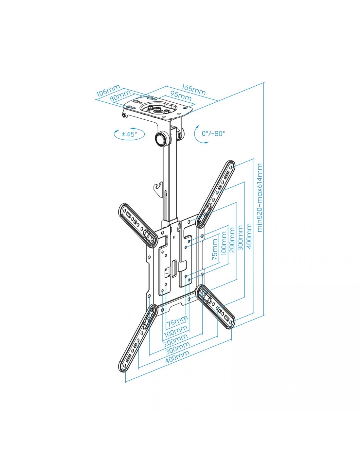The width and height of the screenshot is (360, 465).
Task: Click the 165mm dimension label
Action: click(194, 90)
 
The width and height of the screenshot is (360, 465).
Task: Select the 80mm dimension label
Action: click(120, 95)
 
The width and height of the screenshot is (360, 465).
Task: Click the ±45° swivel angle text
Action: click(129, 134)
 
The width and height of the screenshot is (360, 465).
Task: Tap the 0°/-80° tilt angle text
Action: click(213, 133)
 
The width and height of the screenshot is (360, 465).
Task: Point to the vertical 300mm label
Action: click(240, 237)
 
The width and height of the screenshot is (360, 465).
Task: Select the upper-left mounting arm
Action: click(138, 225)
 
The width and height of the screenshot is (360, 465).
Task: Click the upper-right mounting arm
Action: click(216, 195)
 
